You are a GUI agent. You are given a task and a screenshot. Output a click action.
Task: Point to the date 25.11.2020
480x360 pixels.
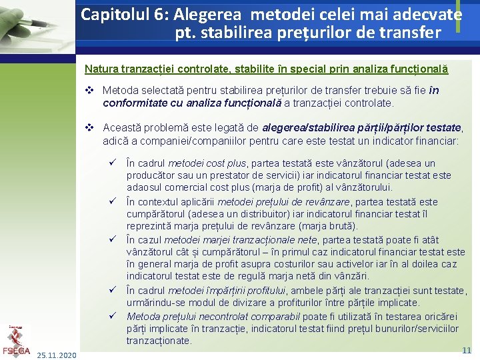tap(57, 355)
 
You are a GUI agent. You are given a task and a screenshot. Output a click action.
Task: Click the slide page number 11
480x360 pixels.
tap(467, 350)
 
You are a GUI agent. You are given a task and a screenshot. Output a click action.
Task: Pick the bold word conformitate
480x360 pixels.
tap(133, 103)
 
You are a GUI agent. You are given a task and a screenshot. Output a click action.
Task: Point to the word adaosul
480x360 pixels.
tap(145, 187)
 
